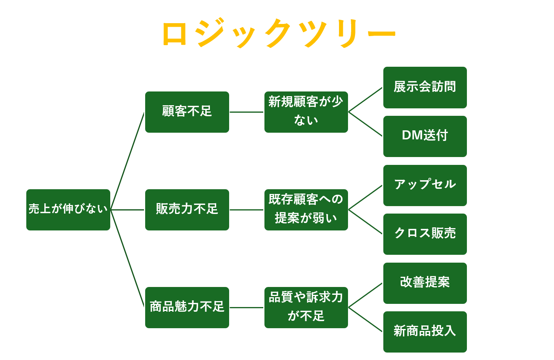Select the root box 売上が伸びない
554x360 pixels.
coord(68,210)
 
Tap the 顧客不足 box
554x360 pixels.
coord(187,112)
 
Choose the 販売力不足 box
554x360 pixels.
coord(187,210)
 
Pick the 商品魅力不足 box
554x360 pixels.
coord(187,307)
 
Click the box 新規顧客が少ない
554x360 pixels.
coord(306,112)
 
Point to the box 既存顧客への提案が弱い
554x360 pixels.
coord(306,210)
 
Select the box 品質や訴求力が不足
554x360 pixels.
coord(306,307)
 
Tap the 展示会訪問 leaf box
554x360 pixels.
coord(425,87)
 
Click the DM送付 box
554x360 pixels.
coord(425,136)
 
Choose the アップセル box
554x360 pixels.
coord(425,185)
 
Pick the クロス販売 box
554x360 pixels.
coord(425,234)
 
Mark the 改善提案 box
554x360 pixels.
coord(425,283)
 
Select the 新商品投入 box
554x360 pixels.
coord(425,332)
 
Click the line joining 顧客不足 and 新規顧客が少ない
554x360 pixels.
coord(246,112)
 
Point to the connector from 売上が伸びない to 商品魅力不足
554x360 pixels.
coord(128,259)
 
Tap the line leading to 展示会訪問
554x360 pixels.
coord(365,100)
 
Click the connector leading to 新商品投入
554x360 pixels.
coord(365,320)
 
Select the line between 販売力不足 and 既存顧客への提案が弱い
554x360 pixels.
coord(246,210)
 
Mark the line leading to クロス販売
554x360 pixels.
coord(365,222)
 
